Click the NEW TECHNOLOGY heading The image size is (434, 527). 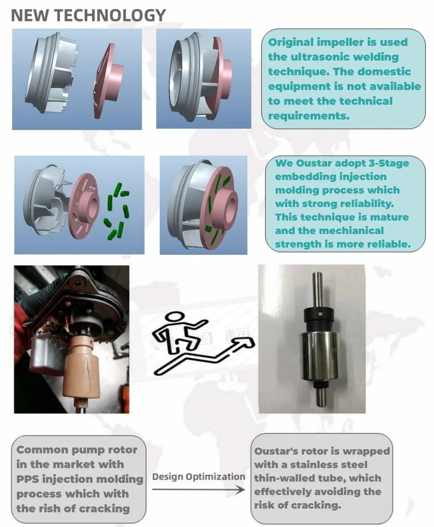(x=88, y=15)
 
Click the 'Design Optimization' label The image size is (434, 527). (x=198, y=477)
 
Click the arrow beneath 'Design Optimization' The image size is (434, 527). (x=198, y=490)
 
